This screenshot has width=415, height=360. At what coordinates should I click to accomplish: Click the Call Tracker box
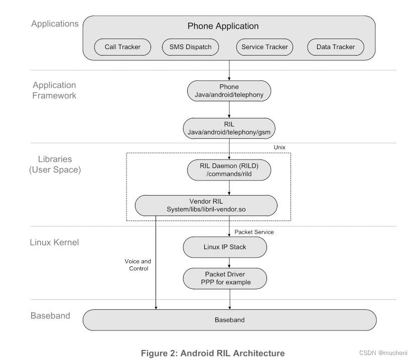click(x=122, y=47)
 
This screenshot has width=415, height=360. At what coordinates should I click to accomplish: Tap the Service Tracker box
click(x=264, y=47)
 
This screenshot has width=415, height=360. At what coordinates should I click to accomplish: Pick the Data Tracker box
click(x=335, y=47)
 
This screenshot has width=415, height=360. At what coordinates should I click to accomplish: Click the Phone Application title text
click(x=223, y=26)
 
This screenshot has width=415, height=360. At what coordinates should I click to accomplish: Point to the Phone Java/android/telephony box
click(x=229, y=90)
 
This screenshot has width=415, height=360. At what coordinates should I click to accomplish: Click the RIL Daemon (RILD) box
click(x=229, y=170)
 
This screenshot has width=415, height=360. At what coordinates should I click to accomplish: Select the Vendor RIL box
click(x=206, y=205)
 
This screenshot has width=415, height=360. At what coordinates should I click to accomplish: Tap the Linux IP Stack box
click(x=225, y=247)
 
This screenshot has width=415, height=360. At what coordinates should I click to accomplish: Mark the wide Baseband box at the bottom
click(x=229, y=320)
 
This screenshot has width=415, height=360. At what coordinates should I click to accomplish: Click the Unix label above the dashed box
click(x=280, y=147)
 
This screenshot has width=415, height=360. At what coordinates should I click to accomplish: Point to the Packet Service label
click(x=254, y=232)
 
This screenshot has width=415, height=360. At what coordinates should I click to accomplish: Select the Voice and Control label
click(x=137, y=265)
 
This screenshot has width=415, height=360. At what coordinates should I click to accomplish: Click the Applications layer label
click(x=55, y=24)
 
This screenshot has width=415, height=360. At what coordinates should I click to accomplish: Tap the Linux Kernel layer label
click(x=54, y=243)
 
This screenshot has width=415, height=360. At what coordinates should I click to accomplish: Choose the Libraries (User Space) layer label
click(x=55, y=164)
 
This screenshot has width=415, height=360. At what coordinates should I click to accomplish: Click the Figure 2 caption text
click(x=213, y=353)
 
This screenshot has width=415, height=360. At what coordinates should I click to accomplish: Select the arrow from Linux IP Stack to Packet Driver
click(x=229, y=262)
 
